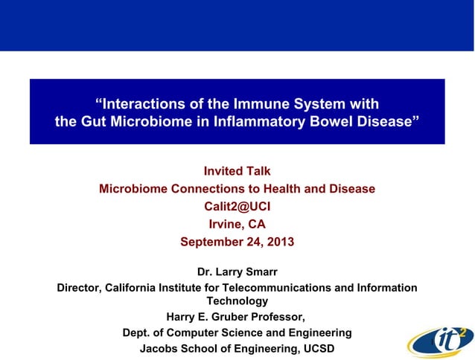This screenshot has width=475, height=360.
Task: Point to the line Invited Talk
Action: (237, 172)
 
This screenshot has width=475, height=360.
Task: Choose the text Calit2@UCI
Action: (237, 207)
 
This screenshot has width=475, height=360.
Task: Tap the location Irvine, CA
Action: (237, 224)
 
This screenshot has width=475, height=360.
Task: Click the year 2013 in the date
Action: (279, 242)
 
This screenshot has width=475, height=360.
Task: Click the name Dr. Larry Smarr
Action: (237, 271)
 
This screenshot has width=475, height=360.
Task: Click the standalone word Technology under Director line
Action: (237, 301)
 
